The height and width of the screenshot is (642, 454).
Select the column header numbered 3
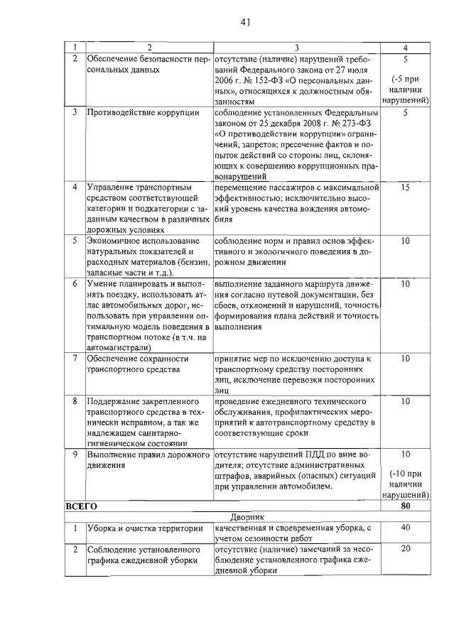coord(296,48)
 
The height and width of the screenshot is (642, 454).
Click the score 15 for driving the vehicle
coord(404,187)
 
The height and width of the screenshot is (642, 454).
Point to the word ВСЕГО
coord(81,506)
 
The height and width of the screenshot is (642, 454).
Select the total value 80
coord(404,506)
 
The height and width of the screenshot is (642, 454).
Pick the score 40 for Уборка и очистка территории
coord(404,528)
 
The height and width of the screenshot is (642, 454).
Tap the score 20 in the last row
coord(404,548)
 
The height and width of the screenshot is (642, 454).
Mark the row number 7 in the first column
coord(75,359)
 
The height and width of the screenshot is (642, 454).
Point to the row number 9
coord(75,453)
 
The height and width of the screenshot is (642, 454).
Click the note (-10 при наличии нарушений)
coord(404,483)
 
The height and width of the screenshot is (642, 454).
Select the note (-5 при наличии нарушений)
coord(404,89)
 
